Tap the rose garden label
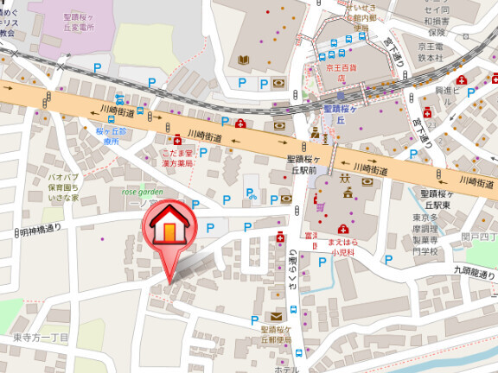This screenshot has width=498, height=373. (142, 192)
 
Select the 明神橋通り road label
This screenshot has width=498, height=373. (39, 231)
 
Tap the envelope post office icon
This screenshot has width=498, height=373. (276, 317)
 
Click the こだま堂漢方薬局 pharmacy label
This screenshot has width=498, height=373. (176, 157)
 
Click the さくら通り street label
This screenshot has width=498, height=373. (294, 275)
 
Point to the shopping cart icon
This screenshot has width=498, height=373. (320, 206)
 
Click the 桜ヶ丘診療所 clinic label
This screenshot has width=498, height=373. (111, 136)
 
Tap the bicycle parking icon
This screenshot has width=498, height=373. (252, 194)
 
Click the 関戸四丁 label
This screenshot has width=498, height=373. (479, 236)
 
